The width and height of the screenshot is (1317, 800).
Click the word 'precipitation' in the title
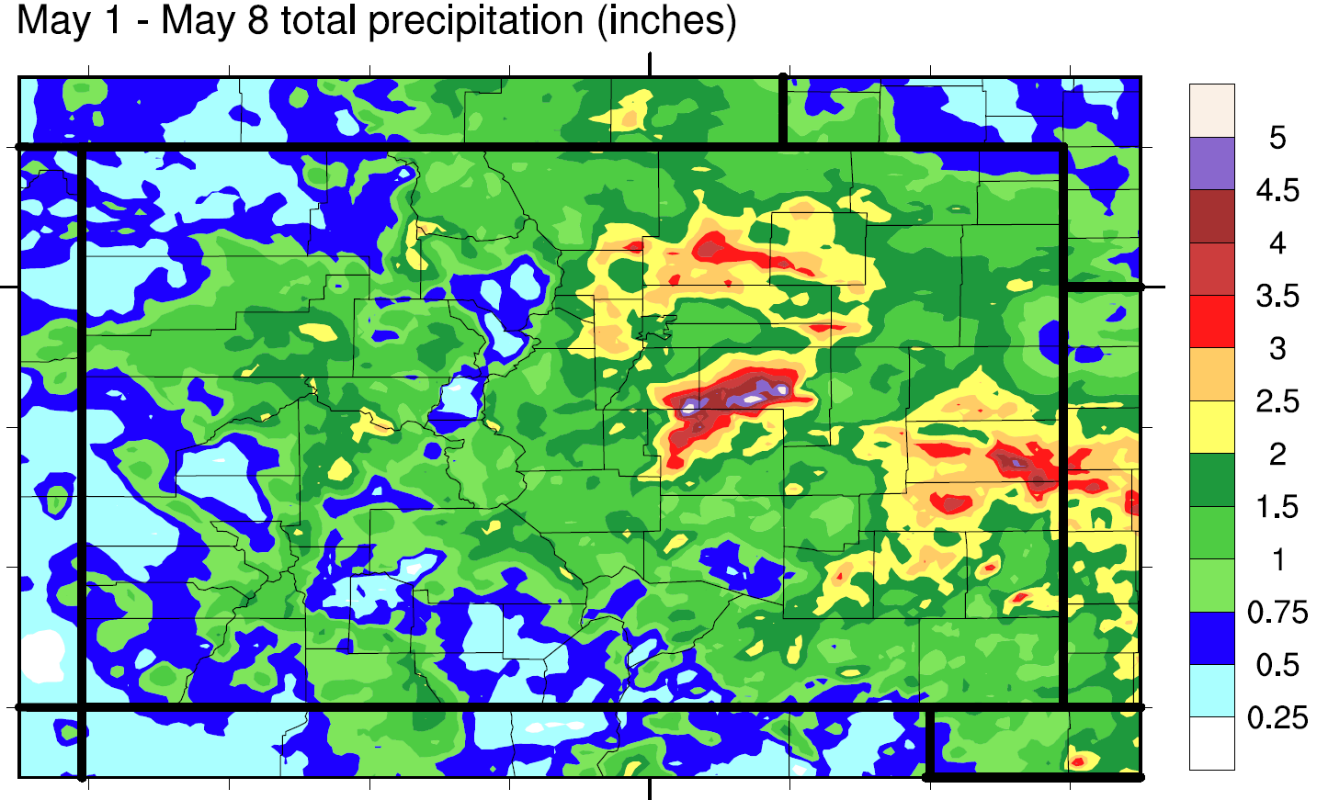[x=477, y=20]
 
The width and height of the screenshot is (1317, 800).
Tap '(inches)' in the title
[x=666, y=20]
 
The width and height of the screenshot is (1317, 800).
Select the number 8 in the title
[x=257, y=20]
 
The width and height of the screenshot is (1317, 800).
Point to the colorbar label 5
[x=1277, y=138]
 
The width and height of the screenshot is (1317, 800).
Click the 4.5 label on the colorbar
[x=1277, y=190]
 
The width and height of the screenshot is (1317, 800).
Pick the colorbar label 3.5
[x=1277, y=296]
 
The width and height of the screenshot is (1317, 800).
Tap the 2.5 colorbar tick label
[x=1277, y=401]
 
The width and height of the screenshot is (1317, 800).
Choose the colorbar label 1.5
[x=1277, y=507]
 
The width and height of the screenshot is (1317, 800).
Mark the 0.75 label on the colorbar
[x=1277, y=612]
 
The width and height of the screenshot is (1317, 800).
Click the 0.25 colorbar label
[x=1277, y=717]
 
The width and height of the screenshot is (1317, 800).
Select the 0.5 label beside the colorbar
[x=1277, y=665]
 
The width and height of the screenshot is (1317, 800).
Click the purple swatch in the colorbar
[x=1211, y=163]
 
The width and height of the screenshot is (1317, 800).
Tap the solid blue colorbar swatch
[x=1211, y=638]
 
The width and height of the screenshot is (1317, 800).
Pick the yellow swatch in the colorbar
[x=1211, y=427]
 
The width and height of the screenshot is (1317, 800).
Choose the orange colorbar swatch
[x=1211, y=374]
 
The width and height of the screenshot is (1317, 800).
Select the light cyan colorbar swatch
[x=1211, y=691]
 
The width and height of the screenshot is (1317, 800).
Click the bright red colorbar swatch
[x=1211, y=321]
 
